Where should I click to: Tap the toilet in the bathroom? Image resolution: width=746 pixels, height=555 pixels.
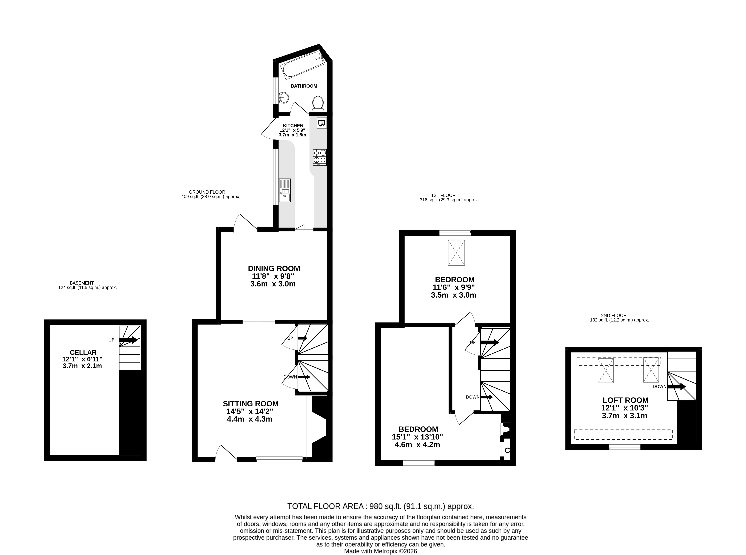click(x=318, y=104)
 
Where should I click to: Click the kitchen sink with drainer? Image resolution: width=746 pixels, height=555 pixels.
click(x=285, y=190)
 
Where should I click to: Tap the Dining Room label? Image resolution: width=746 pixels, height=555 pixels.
click(x=274, y=268)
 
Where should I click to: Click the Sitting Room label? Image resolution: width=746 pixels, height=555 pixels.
click(x=251, y=403)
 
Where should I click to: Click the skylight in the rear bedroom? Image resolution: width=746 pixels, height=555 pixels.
click(x=456, y=253)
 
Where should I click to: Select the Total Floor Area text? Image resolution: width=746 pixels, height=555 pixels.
click(x=381, y=506)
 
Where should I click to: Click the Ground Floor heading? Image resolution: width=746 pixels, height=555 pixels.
click(x=207, y=192)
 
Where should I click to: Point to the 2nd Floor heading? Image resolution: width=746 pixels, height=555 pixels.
click(x=614, y=316)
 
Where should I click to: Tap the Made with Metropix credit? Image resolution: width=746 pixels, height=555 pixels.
click(x=381, y=551)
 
